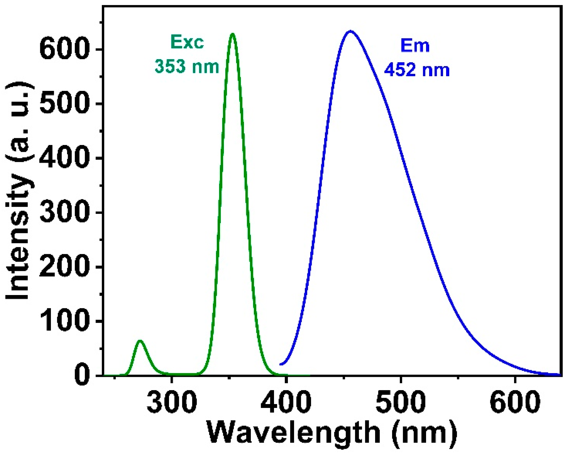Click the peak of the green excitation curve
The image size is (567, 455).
(x=232, y=34)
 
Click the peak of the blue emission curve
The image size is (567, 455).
(x=350, y=31)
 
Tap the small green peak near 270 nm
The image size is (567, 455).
(x=140, y=341)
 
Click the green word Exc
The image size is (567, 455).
(x=187, y=42)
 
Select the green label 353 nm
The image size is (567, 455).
(x=187, y=67)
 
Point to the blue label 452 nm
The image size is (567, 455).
(x=417, y=70)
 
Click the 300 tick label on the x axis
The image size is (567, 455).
(x=172, y=402)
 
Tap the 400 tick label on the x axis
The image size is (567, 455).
(x=286, y=402)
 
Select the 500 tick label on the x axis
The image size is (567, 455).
(x=401, y=402)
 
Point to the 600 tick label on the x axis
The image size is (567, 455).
(x=515, y=402)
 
